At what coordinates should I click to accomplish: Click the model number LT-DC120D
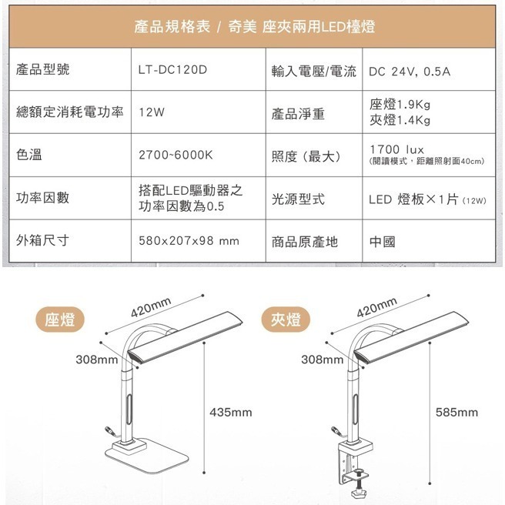pos(174,71)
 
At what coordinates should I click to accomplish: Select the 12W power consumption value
pos(152,112)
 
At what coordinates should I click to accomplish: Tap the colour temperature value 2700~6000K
pos(176,155)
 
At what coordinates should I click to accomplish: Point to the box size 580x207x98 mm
pos(189,241)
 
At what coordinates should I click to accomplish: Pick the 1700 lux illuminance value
pos(396,148)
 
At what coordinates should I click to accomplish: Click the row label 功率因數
pos(43,198)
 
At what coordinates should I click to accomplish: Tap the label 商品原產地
pos(305,242)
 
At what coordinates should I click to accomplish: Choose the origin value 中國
pos(382,242)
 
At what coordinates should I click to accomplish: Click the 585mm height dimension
pos(457,413)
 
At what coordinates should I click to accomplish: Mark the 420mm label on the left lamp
pos(149,310)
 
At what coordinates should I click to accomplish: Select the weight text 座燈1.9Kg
pos(400,104)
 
